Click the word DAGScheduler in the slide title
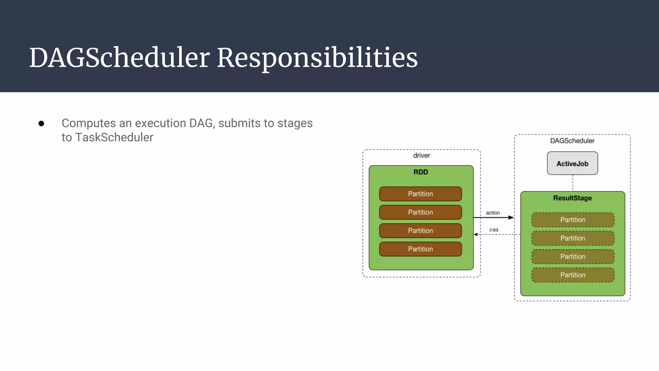pyautogui.click(x=119, y=58)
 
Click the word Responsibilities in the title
pyautogui.click(x=317, y=58)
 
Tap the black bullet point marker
pyautogui.click(x=41, y=124)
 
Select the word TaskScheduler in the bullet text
pyautogui.click(x=114, y=138)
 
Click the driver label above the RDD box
pyautogui.click(x=421, y=156)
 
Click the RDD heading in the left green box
pyautogui.click(x=421, y=172)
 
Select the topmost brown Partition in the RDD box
pyautogui.click(x=420, y=194)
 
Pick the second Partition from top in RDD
pyautogui.click(x=420, y=212)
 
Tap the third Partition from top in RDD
pyautogui.click(x=420, y=231)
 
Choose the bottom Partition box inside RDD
pyautogui.click(x=420, y=249)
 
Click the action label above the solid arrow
pyautogui.click(x=493, y=213)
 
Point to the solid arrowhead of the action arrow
pyautogui.click(x=511, y=218)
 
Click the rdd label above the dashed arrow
pyautogui.click(x=494, y=230)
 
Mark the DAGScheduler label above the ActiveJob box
pyautogui.click(x=572, y=141)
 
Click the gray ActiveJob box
pyautogui.click(x=572, y=164)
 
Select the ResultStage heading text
pyautogui.click(x=572, y=198)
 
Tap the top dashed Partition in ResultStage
pyautogui.click(x=573, y=220)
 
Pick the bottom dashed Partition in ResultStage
pyautogui.click(x=573, y=275)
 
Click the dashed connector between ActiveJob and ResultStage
pyautogui.click(x=573, y=183)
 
